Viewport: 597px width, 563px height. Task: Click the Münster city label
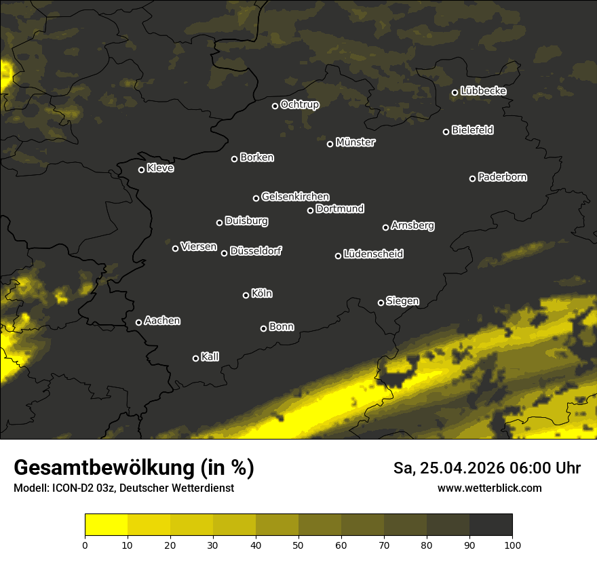coord(355,142)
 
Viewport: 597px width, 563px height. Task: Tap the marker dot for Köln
coord(246,295)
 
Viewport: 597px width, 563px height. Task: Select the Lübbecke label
coord(483,91)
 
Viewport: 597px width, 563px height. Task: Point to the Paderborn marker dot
coord(472,178)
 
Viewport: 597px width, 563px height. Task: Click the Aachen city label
coord(162,321)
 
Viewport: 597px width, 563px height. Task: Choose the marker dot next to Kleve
coord(141,170)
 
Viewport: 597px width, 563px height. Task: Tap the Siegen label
coord(402,301)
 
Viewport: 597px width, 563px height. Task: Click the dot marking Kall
coord(195,358)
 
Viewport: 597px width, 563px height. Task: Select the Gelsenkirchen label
coord(295,197)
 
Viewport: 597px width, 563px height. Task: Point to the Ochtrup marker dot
coord(275,106)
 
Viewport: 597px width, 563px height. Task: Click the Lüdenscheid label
coord(373,254)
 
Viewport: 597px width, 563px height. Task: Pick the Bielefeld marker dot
coord(446,132)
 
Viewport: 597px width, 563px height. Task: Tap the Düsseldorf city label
coord(256,251)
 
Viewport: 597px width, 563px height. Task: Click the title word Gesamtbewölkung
coord(102,468)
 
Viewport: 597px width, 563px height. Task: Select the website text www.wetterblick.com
coord(489,488)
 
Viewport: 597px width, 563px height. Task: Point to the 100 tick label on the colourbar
coord(512,544)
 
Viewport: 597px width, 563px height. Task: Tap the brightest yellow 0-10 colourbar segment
coord(106,525)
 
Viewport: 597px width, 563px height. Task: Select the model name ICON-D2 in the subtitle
coord(72,488)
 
